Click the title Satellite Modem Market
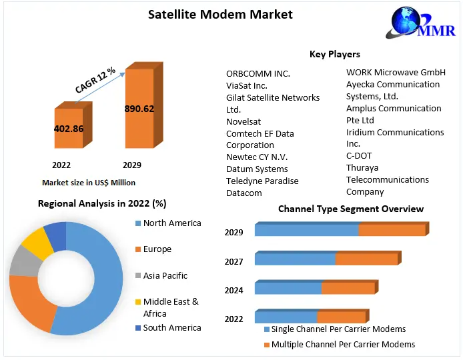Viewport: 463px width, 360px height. [x=219, y=14]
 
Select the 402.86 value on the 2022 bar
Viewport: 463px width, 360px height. [x=69, y=128]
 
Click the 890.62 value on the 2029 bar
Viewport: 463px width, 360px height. [x=139, y=109]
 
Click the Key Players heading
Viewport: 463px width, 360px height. [x=334, y=55]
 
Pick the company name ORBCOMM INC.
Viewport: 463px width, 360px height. [x=258, y=73]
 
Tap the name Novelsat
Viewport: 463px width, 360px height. [x=244, y=121]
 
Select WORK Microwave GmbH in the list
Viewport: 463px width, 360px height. [x=396, y=72]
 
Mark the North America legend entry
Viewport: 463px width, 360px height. [x=172, y=223]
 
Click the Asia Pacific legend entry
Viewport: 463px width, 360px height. [x=165, y=275]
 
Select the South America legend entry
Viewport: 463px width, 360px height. [x=172, y=327]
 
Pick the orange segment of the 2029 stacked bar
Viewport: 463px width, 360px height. [x=392, y=230]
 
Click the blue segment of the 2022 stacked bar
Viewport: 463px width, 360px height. [x=286, y=317]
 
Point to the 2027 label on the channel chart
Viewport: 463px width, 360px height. [x=234, y=261]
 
